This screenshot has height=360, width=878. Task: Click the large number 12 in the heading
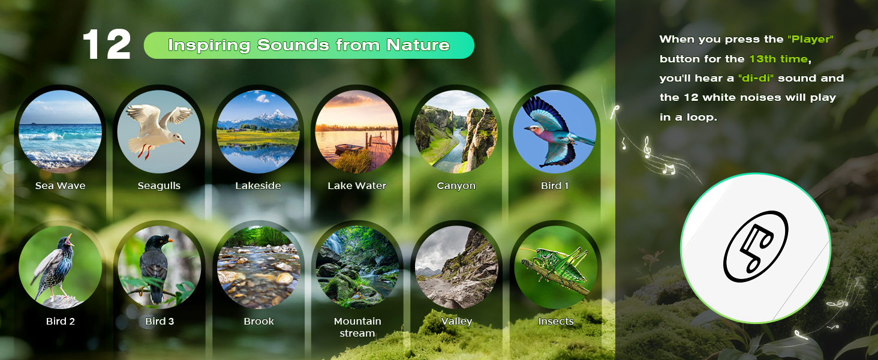(x=107, y=44)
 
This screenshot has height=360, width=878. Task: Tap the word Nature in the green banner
(x=418, y=45)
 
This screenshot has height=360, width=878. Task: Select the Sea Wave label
(x=61, y=185)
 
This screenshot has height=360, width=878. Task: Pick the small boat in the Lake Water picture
(x=349, y=149)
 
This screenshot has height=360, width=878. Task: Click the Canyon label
(x=456, y=185)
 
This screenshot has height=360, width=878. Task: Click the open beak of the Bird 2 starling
(x=70, y=239)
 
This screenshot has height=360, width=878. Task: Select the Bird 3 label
(x=160, y=321)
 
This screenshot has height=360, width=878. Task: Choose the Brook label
(x=258, y=321)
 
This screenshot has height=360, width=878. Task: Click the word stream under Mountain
(x=357, y=334)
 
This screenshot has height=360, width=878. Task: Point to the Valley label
(x=456, y=322)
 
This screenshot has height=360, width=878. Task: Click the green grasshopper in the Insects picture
(x=555, y=265)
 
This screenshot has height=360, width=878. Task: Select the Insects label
(x=556, y=321)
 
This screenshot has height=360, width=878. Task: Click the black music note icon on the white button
(x=756, y=247)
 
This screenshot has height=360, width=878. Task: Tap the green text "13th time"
(x=778, y=59)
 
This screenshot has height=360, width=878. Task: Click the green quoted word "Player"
(x=810, y=39)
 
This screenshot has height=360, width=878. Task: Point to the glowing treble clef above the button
(x=647, y=147)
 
